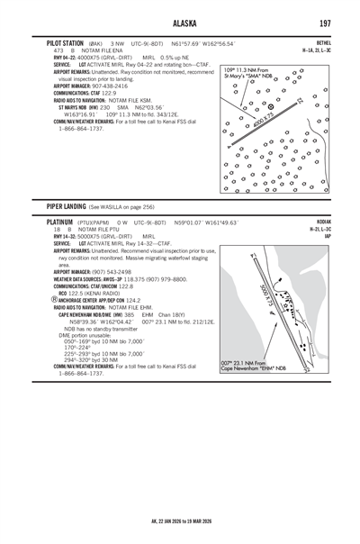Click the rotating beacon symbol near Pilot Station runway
[272, 106]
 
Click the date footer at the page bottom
[181, 521]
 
